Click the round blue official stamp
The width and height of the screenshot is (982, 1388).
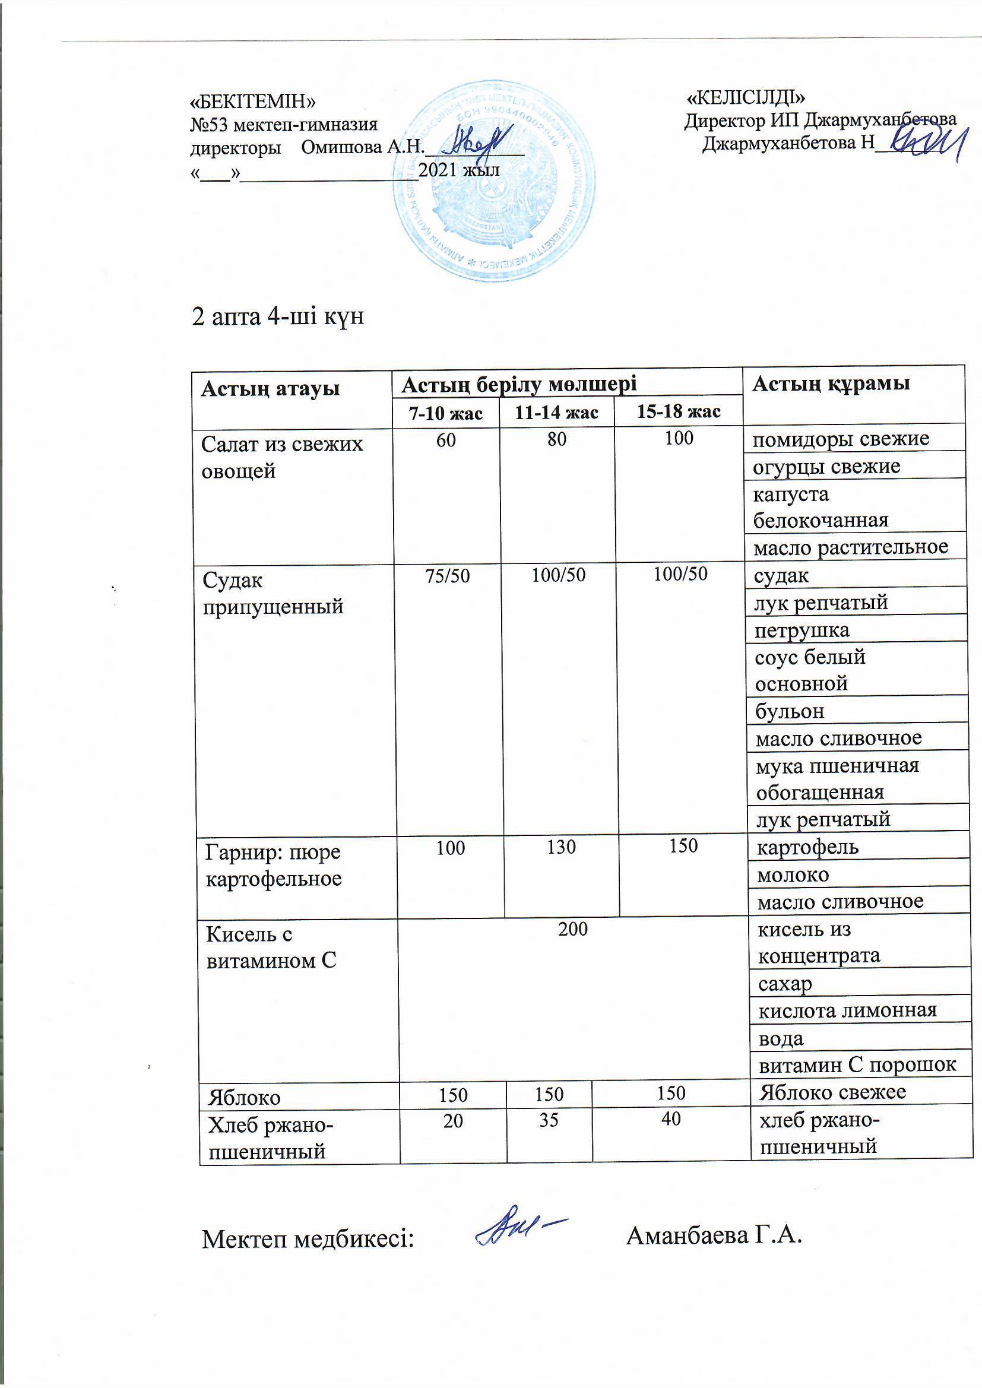pyautogui.click(x=493, y=181)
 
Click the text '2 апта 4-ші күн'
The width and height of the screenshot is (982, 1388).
pyautogui.click(x=277, y=316)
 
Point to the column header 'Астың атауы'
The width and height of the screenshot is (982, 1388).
pyautogui.click(x=270, y=388)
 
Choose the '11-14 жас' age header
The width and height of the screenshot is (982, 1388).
pyautogui.click(x=556, y=412)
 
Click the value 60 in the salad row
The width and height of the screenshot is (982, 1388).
pyautogui.click(x=446, y=440)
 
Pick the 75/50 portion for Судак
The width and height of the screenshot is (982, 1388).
pyautogui.click(x=448, y=575)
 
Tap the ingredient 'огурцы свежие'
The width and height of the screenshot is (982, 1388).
pyautogui.click(x=826, y=466)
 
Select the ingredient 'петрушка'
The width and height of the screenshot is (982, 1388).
pyautogui.click(x=802, y=630)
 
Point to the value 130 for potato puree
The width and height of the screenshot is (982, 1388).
pyautogui.click(x=561, y=847)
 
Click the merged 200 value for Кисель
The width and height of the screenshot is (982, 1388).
pyautogui.click(x=572, y=928)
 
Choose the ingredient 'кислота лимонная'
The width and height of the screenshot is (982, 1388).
pyautogui.click(x=847, y=1010)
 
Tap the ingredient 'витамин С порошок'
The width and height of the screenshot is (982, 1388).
pyautogui.click(x=857, y=1064)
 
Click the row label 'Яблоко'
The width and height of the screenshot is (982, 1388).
pyautogui.click(x=244, y=1097)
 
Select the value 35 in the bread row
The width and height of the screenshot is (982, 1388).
pyautogui.click(x=549, y=1121)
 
